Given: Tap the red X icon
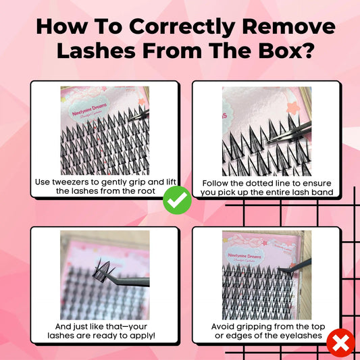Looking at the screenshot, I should (x=340, y=344).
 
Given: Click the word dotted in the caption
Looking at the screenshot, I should (x=257, y=182).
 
